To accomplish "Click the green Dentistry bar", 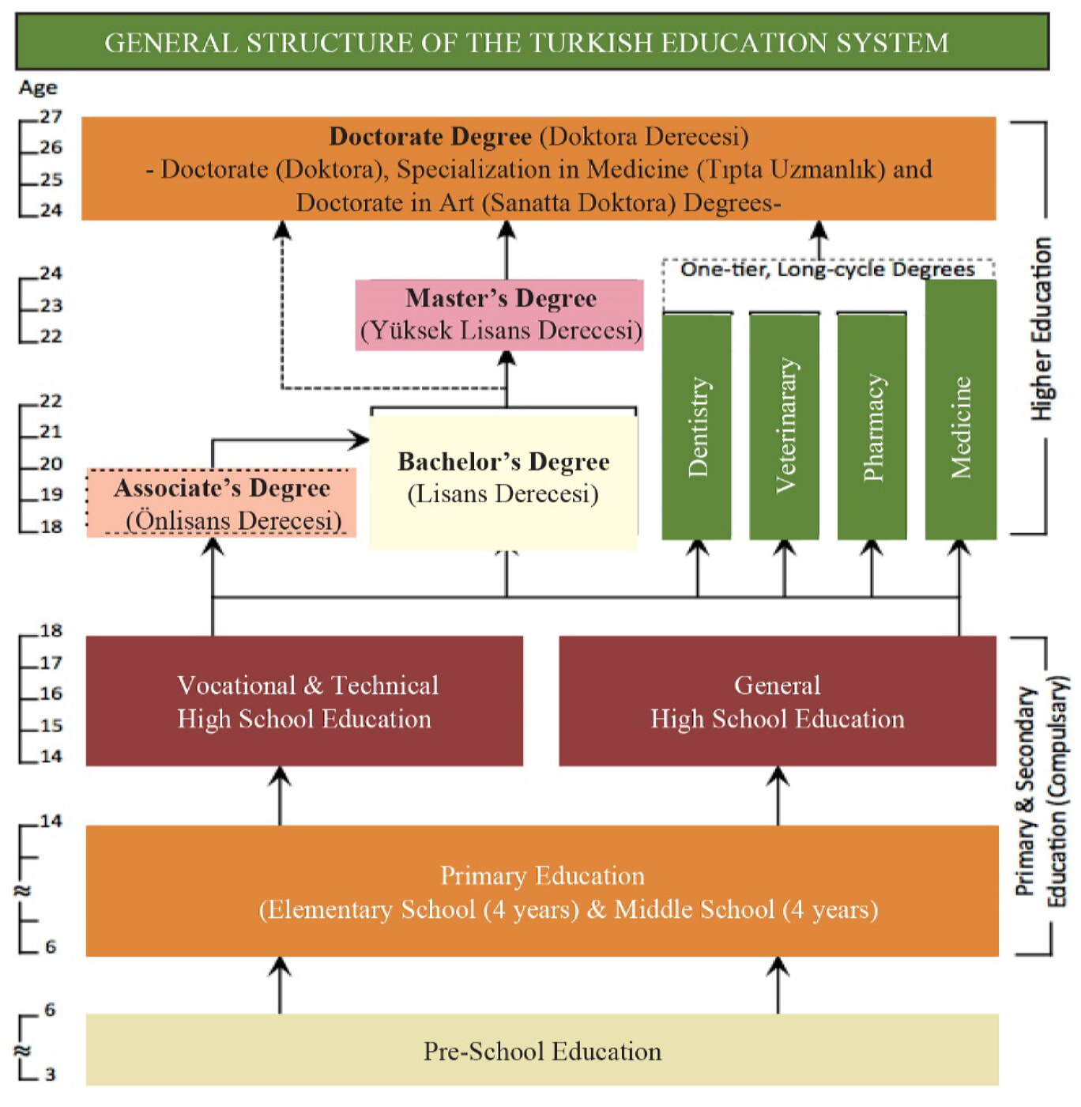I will point(696,427).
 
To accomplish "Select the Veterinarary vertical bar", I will point(784,427).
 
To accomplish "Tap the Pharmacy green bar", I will point(872,427).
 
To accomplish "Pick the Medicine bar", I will point(960,411).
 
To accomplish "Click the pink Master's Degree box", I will point(499,315).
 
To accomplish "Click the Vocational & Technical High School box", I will point(304,701).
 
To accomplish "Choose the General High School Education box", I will point(777,701).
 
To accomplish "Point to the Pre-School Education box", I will point(542,1051).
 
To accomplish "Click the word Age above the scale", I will point(38,88).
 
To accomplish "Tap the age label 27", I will point(51,117).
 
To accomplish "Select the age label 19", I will point(51,495).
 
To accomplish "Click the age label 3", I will point(51,1075).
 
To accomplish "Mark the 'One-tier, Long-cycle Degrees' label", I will point(827,270).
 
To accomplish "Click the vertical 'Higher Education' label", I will point(1041,328).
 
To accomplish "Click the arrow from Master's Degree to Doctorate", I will point(507,249).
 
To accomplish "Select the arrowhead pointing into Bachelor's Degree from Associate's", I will point(360,440).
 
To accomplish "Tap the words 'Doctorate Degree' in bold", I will point(430,137).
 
